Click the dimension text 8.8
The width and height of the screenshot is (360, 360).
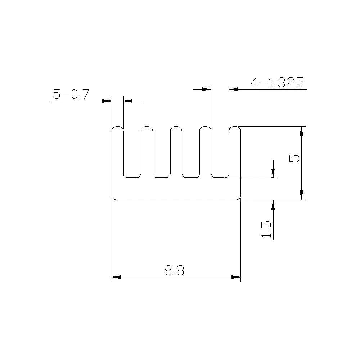[174, 270]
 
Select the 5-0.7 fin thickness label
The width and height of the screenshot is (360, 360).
[71, 94]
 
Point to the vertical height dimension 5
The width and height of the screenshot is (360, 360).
[294, 158]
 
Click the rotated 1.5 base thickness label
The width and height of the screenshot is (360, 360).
[267, 229]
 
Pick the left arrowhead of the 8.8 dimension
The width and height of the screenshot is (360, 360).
[116, 277]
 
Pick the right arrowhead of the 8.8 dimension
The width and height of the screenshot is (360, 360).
[236, 277]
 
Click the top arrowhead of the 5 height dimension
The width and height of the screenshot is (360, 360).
[302, 131]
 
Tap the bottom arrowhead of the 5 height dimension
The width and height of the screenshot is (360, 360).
[302, 195]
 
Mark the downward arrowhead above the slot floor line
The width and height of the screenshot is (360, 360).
[273, 173]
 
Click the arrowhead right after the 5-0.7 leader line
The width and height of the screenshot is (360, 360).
[107, 101]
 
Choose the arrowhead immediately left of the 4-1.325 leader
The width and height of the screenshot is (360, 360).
[206, 89]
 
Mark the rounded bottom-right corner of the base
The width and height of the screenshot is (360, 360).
[238, 197]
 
